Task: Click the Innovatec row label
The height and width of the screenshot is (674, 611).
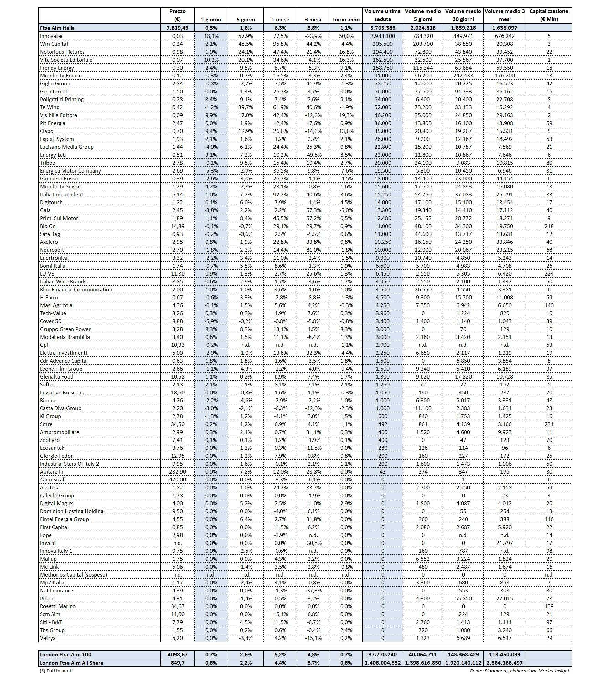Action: click(52, 36)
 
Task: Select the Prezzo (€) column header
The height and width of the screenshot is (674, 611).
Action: click(177, 15)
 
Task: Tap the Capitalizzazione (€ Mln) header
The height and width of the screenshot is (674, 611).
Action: click(549, 15)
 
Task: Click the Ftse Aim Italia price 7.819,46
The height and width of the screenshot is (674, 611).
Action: click(177, 28)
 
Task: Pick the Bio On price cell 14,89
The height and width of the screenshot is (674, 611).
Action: click(177, 226)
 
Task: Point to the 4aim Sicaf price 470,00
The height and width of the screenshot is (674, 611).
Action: click(177, 480)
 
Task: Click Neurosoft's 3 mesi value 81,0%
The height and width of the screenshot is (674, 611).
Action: click(313, 250)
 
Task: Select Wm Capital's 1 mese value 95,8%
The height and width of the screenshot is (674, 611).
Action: click(280, 44)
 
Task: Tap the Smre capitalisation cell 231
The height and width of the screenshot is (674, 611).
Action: click(549, 424)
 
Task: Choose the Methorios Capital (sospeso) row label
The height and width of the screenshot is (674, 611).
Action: click(73, 575)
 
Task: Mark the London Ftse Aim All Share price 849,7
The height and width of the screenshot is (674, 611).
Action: click(177, 663)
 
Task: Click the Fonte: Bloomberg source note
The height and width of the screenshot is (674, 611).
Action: click(520, 670)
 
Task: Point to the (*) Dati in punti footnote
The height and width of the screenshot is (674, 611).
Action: click(56, 670)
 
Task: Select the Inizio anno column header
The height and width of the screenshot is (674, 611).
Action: click(346, 19)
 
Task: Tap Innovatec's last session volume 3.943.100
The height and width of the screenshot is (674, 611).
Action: click(382, 36)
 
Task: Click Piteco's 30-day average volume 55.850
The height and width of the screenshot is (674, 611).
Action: click(463, 599)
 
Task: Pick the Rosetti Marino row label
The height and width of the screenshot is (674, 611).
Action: click(58, 606)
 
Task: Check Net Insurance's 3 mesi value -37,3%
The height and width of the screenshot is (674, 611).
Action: click(313, 591)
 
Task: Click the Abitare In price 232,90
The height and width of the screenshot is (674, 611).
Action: click(177, 472)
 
